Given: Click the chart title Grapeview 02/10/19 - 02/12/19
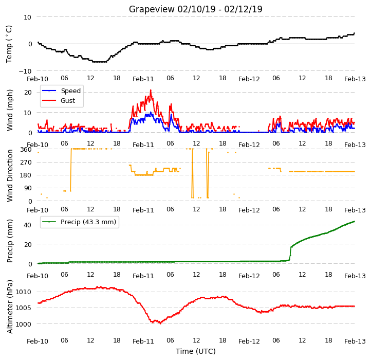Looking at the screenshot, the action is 195,9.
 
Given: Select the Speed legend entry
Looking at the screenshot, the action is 61,91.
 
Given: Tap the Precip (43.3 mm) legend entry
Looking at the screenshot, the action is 79,222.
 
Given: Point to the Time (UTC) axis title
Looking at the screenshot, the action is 195,351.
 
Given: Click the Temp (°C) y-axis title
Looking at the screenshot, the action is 9,44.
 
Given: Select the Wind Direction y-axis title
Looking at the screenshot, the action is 10,175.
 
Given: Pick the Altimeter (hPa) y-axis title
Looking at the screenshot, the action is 10,307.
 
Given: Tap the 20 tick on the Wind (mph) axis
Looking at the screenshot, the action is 28,93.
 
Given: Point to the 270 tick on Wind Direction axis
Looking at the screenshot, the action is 26,162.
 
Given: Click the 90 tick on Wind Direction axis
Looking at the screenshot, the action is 28,188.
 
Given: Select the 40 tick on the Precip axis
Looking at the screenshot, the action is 28,225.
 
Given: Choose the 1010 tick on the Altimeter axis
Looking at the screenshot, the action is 24,292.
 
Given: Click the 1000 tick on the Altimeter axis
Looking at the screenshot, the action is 24,324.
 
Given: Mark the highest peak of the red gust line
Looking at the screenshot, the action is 151,90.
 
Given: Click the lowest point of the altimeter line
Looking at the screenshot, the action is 160,323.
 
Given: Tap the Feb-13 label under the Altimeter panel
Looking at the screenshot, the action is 355,341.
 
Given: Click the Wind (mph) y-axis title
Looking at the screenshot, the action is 10,110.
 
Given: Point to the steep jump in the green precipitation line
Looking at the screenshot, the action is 290,254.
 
